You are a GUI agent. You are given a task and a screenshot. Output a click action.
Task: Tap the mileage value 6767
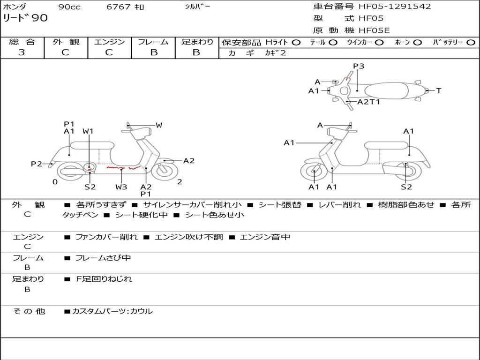tap(119, 7)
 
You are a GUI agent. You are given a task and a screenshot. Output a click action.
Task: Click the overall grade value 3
tap(22, 52)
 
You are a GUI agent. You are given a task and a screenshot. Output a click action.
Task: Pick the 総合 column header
tap(22, 42)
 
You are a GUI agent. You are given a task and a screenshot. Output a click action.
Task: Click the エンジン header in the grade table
tap(109, 42)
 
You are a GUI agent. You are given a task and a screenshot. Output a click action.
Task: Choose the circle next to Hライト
tap(296, 43)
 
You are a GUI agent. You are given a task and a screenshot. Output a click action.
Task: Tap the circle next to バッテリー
tap(470, 43)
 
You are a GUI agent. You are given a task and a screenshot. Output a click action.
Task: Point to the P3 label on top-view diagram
tap(359, 66)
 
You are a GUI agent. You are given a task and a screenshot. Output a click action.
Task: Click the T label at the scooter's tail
tap(439, 90)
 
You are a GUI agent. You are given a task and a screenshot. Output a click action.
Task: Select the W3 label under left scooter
tap(121, 187)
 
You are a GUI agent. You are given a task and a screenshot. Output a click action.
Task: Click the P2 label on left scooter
tap(37, 164)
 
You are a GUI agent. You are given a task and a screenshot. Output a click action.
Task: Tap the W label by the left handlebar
tap(159, 125)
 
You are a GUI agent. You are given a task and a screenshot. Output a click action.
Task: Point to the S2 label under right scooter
tap(406, 187)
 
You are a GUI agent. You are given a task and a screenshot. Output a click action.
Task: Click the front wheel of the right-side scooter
tap(314, 172)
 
